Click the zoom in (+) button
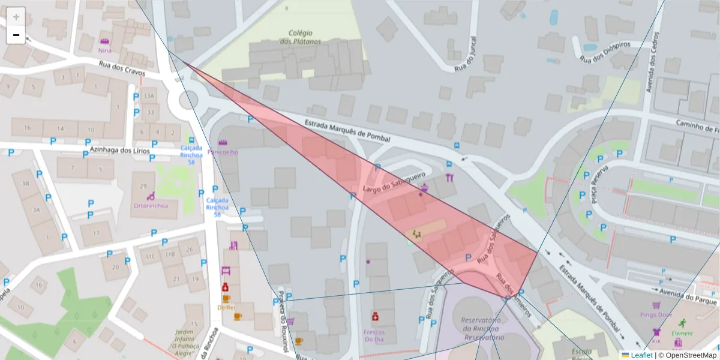click(16, 17)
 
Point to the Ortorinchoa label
click(151, 205)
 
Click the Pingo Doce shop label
click(656, 314)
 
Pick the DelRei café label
click(226, 307)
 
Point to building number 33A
click(148, 96)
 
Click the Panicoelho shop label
click(223, 152)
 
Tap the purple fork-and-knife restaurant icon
click(449, 178)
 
